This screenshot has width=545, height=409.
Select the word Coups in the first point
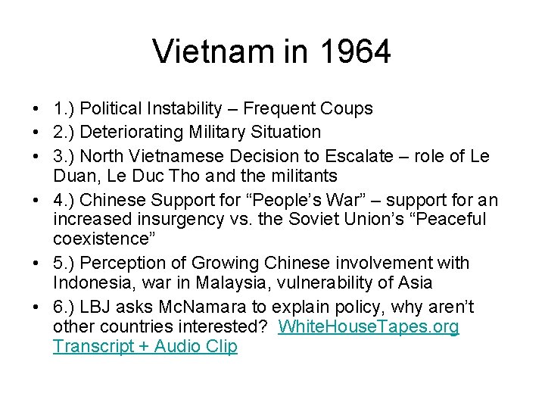pos(347,109)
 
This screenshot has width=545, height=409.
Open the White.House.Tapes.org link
pos(369,327)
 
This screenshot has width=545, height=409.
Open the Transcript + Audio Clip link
pos(145,347)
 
